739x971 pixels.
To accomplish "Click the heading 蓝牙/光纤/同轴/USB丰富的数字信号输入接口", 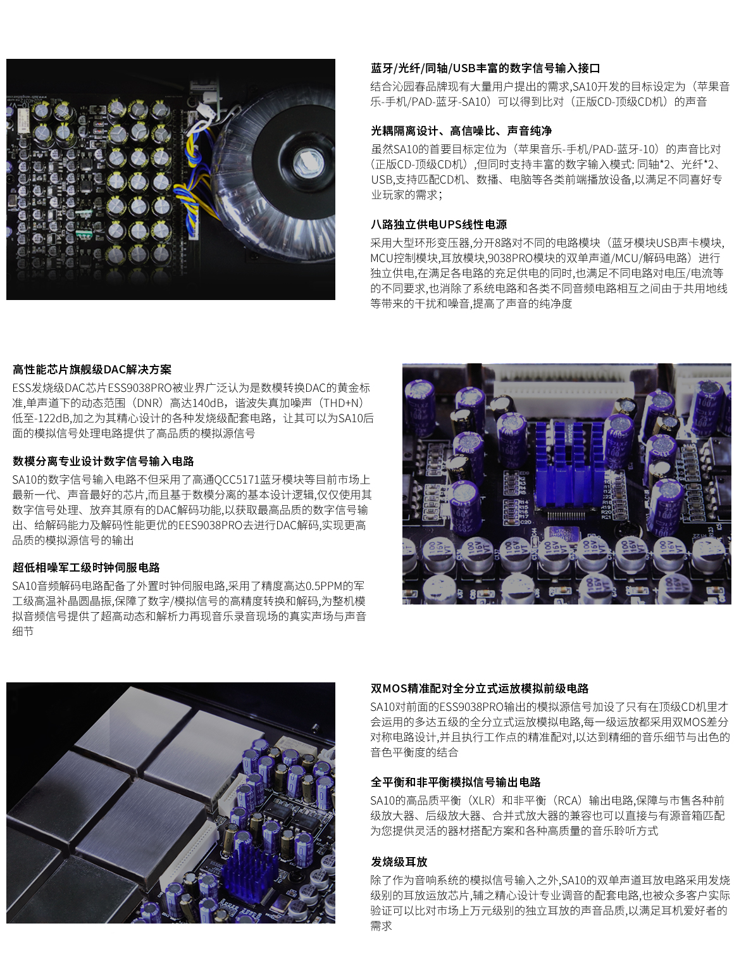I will pyautogui.click(x=485, y=68).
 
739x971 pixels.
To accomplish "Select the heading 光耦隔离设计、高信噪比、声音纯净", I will pyautogui.click(x=461, y=131).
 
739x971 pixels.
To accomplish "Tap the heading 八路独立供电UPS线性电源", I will pyautogui.click(x=438, y=225).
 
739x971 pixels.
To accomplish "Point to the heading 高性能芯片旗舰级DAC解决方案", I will pyautogui.click(x=92, y=370).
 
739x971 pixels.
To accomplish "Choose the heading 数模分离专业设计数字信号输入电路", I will pyautogui.click(x=103, y=461).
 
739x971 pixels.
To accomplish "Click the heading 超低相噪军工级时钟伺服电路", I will pyautogui.click(x=86, y=568).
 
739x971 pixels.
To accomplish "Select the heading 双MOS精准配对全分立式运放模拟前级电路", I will pyautogui.click(x=480, y=689).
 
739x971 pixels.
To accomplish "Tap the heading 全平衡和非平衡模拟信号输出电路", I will pyautogui.click(x=456, y=782).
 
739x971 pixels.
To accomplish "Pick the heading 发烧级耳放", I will pyautogui.click(x=399, y=862).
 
